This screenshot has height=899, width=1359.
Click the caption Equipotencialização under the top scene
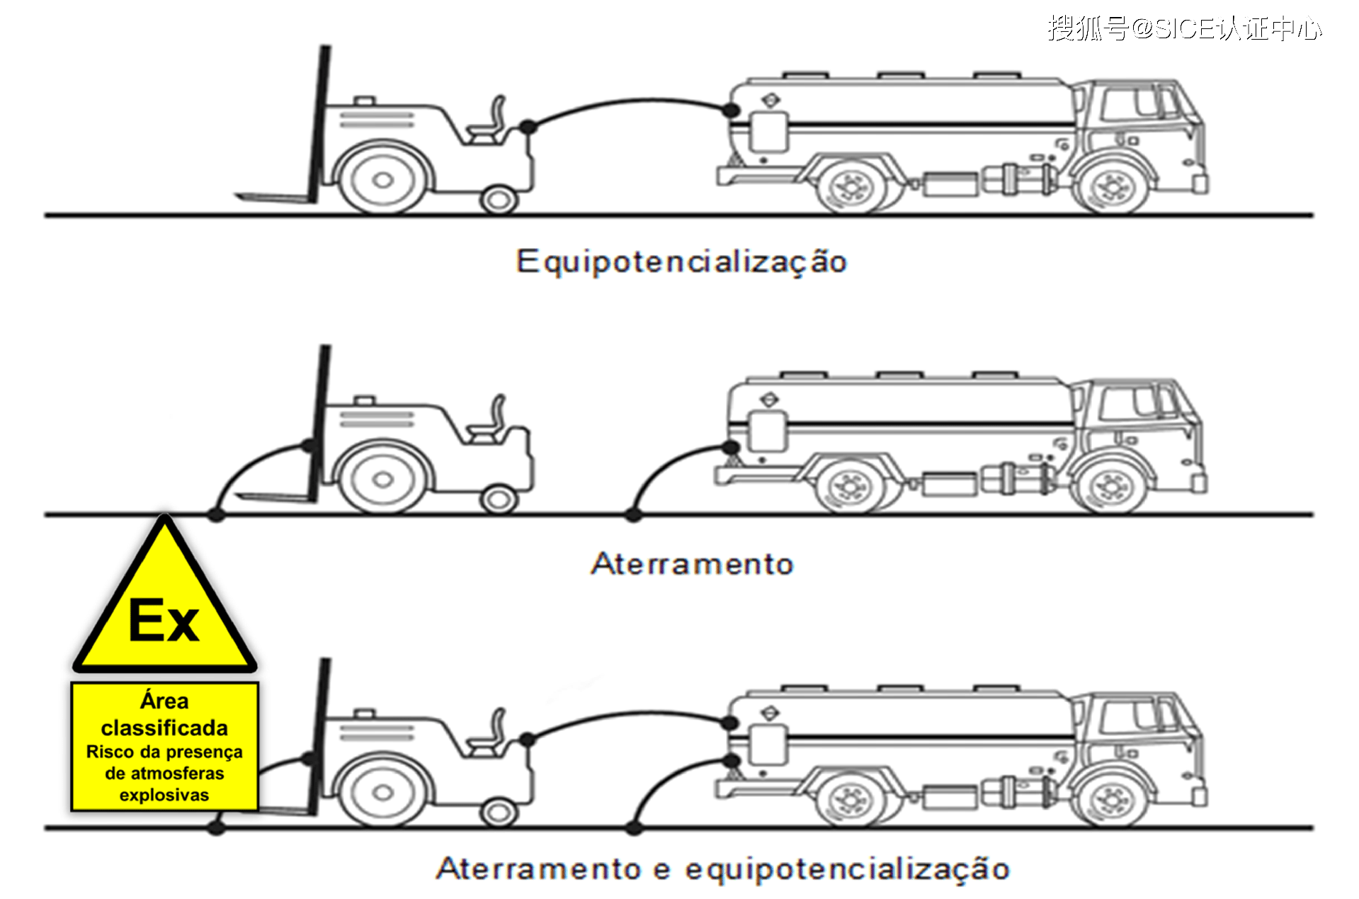click(681, 262)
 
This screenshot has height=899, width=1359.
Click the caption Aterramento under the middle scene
click(692, 564)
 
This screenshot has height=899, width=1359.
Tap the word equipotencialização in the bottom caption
click(847, 869)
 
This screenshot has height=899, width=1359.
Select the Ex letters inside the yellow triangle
click(164, 621)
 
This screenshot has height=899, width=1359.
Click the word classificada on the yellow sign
click(164, 728)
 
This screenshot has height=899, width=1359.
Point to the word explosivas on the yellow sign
click(164, 795)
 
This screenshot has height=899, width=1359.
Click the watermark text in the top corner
click(1184, 28)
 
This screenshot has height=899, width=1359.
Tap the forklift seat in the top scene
click(488, 120)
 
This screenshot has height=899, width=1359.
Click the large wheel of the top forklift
click(383, 179)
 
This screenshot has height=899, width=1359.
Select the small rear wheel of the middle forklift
click(499, 499)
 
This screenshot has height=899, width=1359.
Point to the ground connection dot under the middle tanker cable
click(634, 515)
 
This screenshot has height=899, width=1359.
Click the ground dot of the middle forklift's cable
click(217, 515)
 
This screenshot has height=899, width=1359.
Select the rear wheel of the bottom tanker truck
click(851, 798)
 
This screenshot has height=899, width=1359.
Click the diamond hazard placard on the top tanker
click(771, 100)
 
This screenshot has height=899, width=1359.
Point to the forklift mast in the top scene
click(318, 125)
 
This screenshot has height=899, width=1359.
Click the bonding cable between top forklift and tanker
click(630, 104)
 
